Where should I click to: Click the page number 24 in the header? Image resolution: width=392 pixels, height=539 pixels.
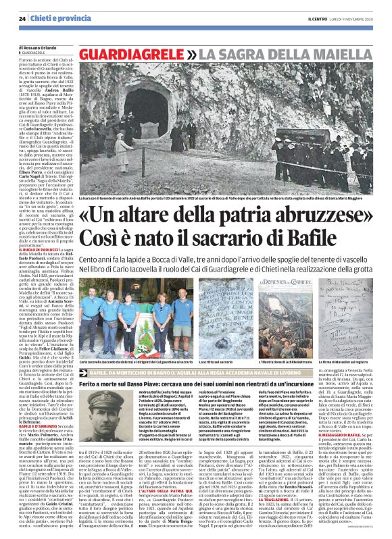(22, 20)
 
